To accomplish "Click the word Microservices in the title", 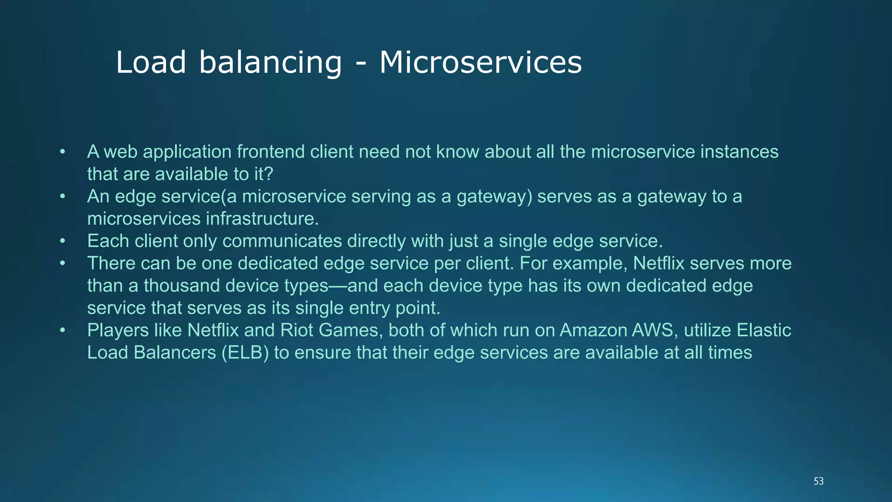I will [480, 62].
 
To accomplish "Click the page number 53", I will [818, 481].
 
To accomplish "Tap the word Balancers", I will [175, 353].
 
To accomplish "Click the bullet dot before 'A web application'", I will [63, 152].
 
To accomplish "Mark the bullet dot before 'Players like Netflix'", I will [63, 330].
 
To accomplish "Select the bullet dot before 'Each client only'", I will [63, 241].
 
